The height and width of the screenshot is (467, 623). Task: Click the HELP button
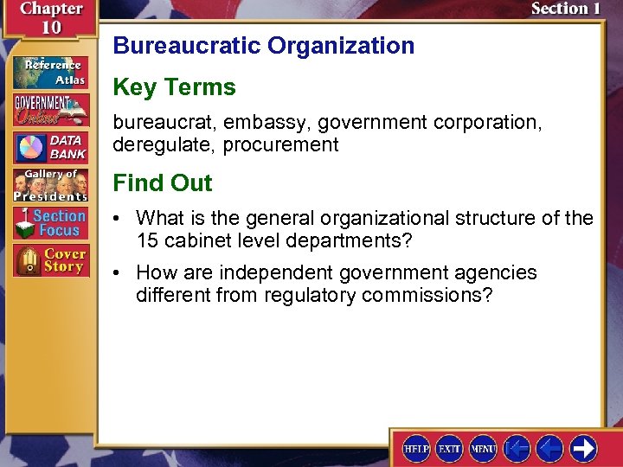point(416,448)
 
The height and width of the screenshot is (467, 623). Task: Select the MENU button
point(482,448)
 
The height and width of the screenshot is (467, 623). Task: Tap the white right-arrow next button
point(583,448)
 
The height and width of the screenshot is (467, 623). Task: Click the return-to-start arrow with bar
point(517,448)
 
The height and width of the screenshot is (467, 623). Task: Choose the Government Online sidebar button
point(50,110)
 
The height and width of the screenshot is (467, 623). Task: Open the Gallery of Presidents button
point(50,184)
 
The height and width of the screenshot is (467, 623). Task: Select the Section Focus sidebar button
point(50,222)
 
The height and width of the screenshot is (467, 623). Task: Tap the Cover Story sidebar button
point(50,260)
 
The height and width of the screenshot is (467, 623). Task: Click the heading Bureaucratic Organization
point(264,46)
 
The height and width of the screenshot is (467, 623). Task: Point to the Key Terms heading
point(174,87)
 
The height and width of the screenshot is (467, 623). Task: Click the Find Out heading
point(162,183)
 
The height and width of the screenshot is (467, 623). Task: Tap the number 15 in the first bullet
point(146,240)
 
